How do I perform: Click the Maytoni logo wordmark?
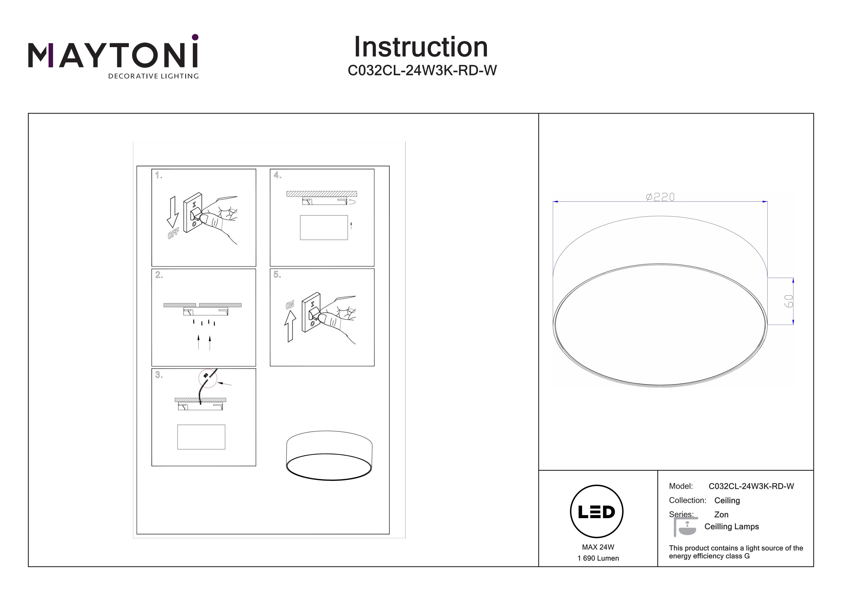(x=113, y=55)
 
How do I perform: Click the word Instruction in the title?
(x=421, y=47)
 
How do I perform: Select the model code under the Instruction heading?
(x=422, y=70)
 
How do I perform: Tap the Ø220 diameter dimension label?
(x=660, y=197)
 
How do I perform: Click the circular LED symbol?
(x=596, y=512)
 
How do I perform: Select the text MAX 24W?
(x=598, y=547)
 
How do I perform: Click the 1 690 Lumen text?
(x=598, y=558)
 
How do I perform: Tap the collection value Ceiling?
(x=727, y=500)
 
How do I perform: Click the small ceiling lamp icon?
(x=685, y=527)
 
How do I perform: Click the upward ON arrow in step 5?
(x=290, y=326)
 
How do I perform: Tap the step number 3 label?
(x=158, y=375)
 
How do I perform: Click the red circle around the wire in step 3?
(x=208, y=378)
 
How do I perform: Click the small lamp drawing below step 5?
(x=329, y=455)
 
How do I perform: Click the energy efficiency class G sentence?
(x=736, y=552)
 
